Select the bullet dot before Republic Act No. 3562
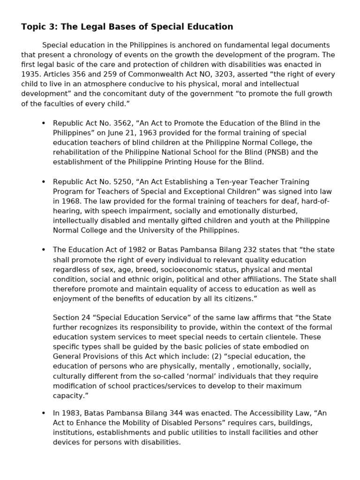tap(44, 123)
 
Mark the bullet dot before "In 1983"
tap(44, 413)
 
